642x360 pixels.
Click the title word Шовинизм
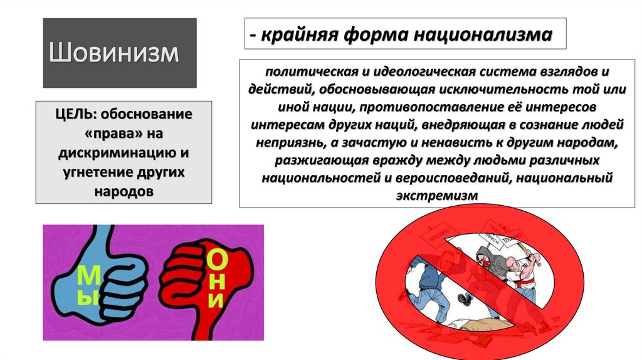[x=113, y=52]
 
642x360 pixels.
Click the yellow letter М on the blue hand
[x=87, y=276]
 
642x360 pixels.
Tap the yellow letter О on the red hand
[x=216, y=259]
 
